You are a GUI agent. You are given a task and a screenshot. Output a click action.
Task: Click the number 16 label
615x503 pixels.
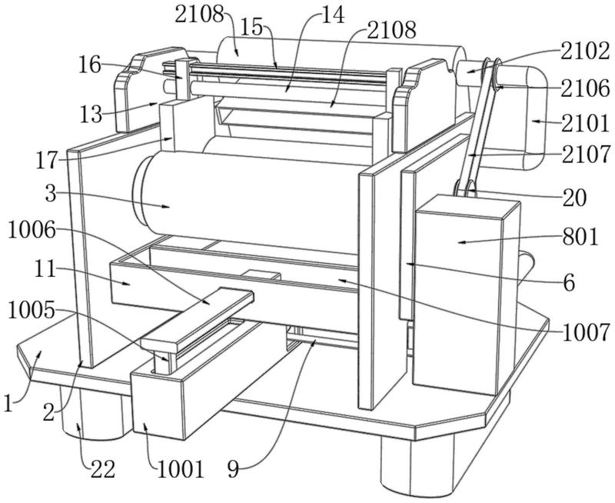89,64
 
